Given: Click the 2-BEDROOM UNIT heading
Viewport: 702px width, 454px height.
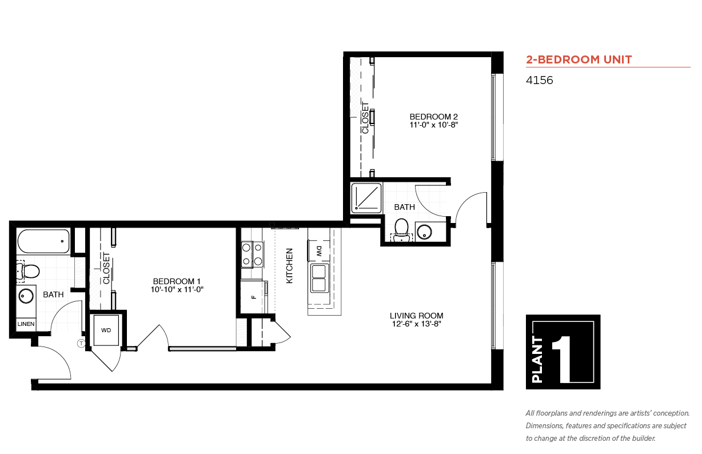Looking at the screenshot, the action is [x=579, y=59].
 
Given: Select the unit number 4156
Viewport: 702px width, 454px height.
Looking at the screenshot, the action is [x=539, y=80].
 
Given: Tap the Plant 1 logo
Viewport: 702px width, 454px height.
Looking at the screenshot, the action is [x=563, y=352].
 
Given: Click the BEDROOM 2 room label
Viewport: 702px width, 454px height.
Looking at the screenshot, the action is [x=433, y=117].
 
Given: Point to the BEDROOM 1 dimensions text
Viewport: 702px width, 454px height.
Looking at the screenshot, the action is [x=177, y=289].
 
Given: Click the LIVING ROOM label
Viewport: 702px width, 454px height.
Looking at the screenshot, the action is [x=416, y=316].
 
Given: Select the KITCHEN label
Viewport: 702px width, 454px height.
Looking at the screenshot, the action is [x=289, y=266].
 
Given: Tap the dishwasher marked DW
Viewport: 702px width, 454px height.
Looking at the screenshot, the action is [x=319, y=251].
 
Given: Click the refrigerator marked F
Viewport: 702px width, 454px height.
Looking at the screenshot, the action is [x=254, y=297].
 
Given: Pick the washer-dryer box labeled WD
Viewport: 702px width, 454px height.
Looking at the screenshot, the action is [x=106, y=330].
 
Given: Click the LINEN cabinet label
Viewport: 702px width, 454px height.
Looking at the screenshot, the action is [x=26, y=324].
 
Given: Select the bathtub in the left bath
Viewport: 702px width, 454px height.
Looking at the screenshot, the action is [x=43, y=241].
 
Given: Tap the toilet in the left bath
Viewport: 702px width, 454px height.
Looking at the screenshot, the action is [x=27, y=271].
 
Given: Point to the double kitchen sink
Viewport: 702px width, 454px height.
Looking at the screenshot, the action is [x=320, y=278].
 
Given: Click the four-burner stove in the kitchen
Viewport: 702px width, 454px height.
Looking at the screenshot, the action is [x=252, y=254].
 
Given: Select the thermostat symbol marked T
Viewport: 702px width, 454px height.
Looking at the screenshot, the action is [x=81, y=343].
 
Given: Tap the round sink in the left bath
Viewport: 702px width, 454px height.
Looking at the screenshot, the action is [x=26, y=296].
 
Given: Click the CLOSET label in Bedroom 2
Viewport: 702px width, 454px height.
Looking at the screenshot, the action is [x=365, y=118].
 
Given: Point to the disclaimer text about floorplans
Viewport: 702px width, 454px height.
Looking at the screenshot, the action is [x=608, y=426].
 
